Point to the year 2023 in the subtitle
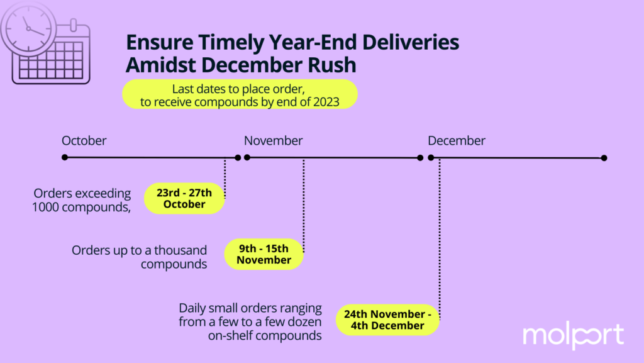point(326,102)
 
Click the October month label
point(84,140)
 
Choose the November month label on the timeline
point(273,140)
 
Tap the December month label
point(457,140)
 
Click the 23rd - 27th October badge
point(184,198)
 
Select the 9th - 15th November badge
point(264,254)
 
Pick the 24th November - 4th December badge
point(387,320)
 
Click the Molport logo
point(574,335)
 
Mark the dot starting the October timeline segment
point(65,157)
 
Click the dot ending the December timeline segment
point(604,158)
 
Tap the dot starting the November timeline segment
point(247,157)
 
